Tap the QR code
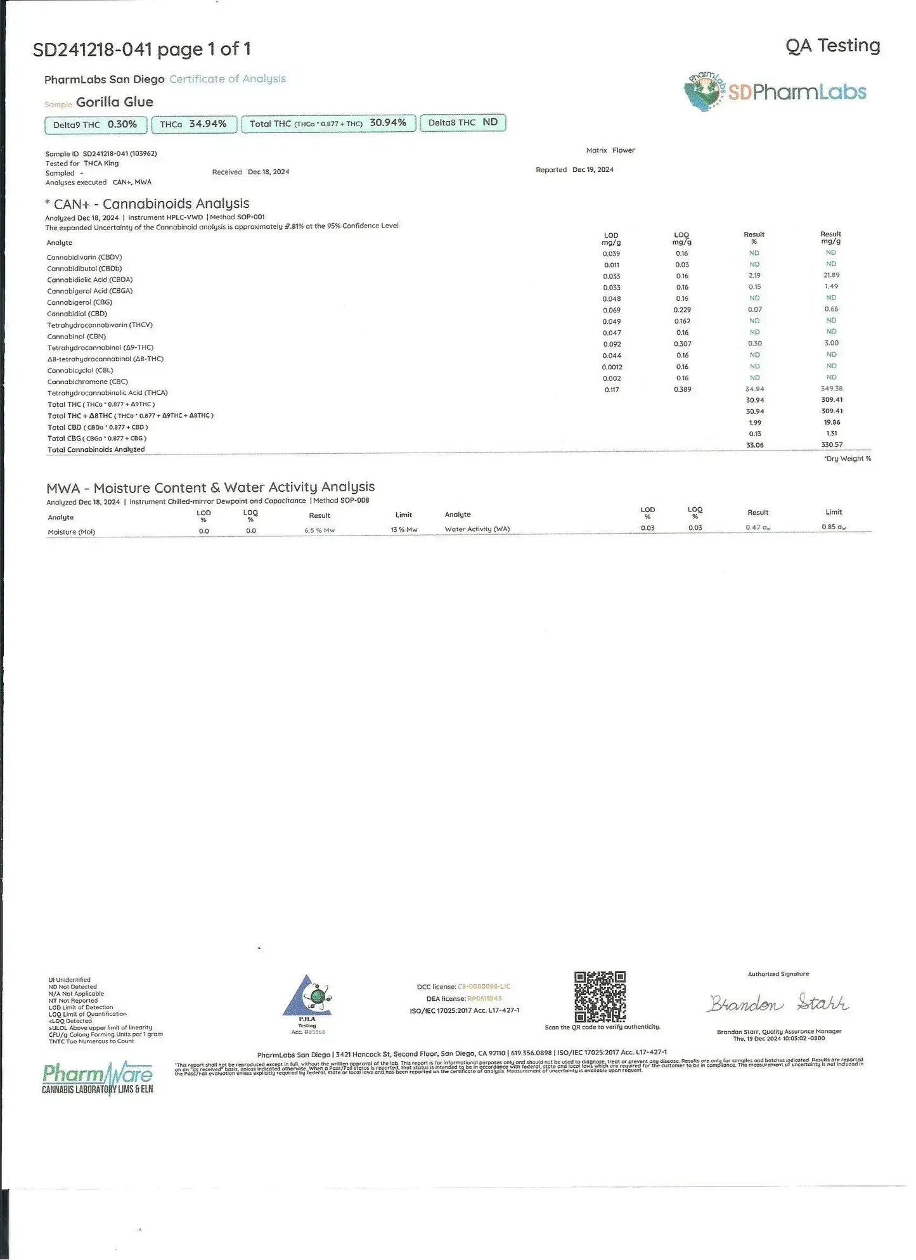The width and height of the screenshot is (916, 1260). [x=600, y=996]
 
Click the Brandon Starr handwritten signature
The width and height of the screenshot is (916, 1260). [x=778, y=1004]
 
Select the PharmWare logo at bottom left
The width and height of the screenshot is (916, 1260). [x=98, y=1079]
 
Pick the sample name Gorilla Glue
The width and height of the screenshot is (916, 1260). [x=115, y=102]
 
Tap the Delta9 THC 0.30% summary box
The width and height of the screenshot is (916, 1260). [x=96, y=125]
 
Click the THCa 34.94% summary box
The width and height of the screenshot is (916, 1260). [x=195, y=124]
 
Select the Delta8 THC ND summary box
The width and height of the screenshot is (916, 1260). [x=463, y=123]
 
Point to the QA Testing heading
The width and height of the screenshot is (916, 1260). [x=832, y=46]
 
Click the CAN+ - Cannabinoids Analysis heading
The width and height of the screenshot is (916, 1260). [x=147, y=203]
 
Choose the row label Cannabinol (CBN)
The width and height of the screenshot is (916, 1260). [x=77, y=337]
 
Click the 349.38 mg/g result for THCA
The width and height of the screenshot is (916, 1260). [x=831, y=389]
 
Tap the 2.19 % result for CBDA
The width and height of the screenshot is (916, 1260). [x=754, y=276]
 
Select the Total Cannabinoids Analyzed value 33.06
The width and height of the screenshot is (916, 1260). [x=754, y=445]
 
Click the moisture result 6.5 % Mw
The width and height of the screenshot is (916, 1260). [x=319, y=530]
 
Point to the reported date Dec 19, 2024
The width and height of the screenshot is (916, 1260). [x=593, y=170]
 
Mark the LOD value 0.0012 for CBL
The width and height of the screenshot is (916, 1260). [x=612, y=367]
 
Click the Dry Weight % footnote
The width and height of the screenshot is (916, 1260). [x=848, y=458]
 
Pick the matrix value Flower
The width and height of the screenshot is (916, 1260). [x=624, y=150]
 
